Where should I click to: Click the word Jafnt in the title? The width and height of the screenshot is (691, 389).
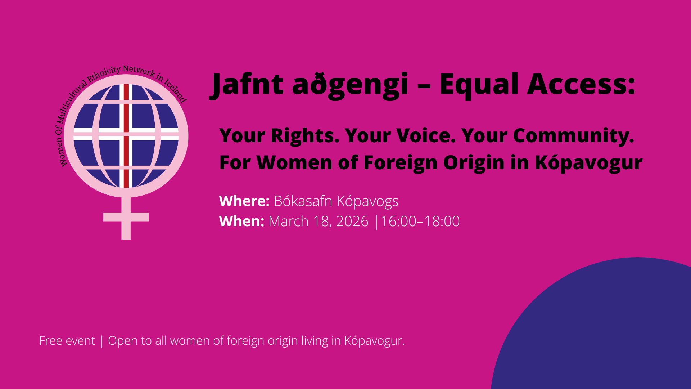point(247,85)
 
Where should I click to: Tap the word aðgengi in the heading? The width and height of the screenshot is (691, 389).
point(350,85)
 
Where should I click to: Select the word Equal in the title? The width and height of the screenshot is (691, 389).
point(479,85)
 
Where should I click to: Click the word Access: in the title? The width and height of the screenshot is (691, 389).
point(581,84)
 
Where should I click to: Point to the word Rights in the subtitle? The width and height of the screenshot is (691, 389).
point(304,136)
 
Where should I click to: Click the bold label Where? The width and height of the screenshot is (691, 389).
point(244,201)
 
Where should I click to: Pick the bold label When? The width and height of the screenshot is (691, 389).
point(241,221)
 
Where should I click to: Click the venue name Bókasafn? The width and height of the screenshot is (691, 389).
point(303,201)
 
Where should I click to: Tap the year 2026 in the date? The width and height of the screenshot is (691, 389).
point(352,221)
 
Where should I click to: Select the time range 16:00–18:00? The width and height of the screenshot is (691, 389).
point(420,221)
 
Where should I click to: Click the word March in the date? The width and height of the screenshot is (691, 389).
point(288,221)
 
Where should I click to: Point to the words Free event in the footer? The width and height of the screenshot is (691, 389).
point(67,340)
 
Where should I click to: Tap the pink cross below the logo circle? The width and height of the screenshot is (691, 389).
point(126,218)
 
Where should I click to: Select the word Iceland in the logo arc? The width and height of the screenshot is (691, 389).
point(176,91)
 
